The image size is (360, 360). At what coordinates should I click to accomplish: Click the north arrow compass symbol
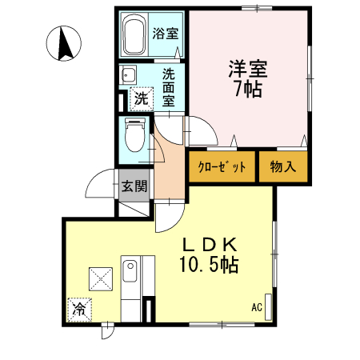coord(64,43)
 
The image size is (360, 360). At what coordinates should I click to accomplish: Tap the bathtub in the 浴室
coord(134,34)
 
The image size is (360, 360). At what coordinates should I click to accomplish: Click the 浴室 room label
coord(166,34)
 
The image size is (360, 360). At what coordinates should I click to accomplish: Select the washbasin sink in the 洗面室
coord(129,74)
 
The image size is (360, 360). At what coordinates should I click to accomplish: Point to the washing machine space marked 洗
coord(141,99)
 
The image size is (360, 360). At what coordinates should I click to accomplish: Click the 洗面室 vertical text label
coord(169,87)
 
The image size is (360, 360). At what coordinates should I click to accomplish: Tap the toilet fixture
coord(135,135)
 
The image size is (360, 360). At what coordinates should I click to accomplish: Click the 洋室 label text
coord(248,69)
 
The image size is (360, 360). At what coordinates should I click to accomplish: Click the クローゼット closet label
coord(222,167)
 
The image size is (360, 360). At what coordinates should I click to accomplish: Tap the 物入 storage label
coord(283,167)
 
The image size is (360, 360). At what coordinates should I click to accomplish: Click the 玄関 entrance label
coord(134,186)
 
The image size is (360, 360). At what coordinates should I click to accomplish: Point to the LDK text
coord(210,245)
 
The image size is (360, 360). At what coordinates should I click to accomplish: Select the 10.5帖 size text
coord(210,264)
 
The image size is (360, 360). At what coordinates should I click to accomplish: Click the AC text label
coord(257,307)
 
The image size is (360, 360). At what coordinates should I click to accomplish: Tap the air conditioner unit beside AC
coord(268,307)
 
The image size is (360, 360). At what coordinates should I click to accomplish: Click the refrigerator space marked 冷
coord(79,310)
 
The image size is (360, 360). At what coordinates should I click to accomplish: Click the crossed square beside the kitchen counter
coord(101,279)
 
